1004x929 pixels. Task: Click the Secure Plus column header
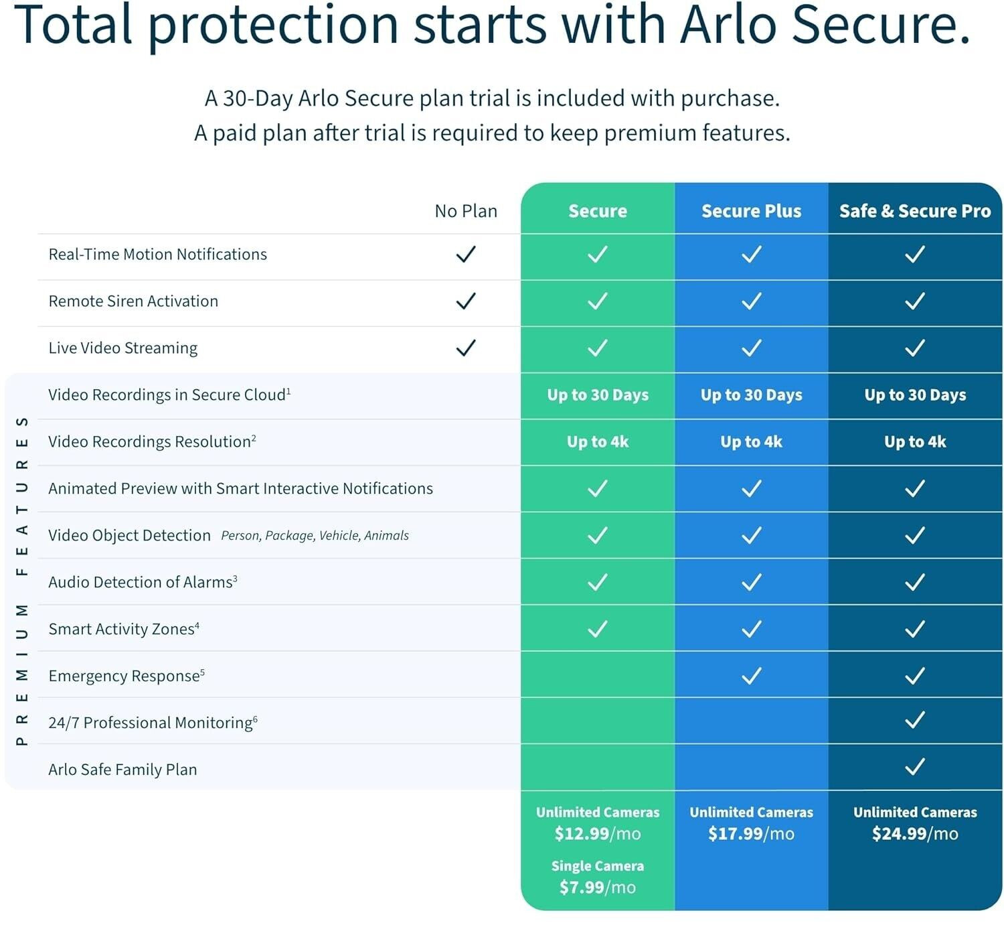751,210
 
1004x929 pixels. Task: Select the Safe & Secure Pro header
915,210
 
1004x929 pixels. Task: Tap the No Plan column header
466,210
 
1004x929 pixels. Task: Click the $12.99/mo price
598,833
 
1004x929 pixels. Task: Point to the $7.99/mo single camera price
598,887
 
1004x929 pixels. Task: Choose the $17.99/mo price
751,833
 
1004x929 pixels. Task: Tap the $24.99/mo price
915,833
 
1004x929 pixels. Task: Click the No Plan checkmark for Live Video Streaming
466,348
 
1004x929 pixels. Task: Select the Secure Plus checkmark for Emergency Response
751,676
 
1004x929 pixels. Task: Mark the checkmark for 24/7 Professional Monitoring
915,720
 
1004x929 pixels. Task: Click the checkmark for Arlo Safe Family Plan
915,767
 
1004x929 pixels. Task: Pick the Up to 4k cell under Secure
598,442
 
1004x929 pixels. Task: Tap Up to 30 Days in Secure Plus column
751,395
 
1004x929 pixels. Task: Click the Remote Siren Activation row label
133,301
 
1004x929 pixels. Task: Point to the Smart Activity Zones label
124,629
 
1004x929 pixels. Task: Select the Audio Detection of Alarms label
143,582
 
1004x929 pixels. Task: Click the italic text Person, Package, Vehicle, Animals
315,535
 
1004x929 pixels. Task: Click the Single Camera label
598,866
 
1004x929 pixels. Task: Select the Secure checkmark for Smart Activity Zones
598,629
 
